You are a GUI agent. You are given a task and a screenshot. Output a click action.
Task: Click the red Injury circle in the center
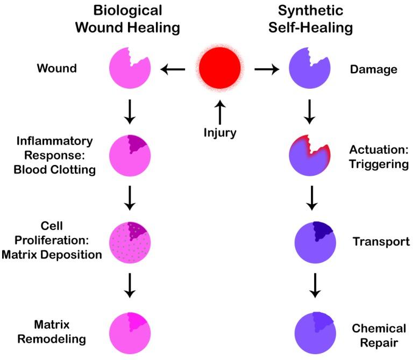[x=219, y=69]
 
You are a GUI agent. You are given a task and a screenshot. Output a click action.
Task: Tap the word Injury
[x=219, y=132]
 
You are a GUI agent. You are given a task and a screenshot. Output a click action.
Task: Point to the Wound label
[x=56, y=69]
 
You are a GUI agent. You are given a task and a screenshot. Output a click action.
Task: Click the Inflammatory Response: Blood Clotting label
[x=56, y=155]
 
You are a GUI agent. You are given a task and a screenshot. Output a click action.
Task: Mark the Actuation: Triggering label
[x=379, y=156]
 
